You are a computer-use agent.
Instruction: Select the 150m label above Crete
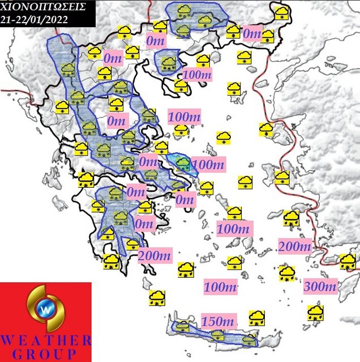click(x=218, y=321)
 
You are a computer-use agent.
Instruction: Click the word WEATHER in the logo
click(x=46, y=341)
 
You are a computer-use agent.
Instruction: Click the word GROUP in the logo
click(x=46, y=354)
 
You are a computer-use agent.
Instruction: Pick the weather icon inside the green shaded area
click(x=182, y=163)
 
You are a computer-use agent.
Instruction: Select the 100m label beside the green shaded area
click(x=208, y=164)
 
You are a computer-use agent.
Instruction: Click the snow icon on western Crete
click(x=182, y=327)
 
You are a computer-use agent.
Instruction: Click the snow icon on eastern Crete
click(x=248, y=340)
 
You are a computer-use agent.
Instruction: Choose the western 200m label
click(x=154, y=256)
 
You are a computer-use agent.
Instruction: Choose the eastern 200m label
click(x=295, y=247)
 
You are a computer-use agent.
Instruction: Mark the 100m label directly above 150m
click(x=221, y=286)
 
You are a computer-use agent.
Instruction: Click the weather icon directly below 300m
click(x=315, y=312)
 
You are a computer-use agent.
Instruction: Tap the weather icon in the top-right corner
click(x=281, y=13)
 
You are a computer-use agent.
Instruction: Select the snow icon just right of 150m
click(x=257, y=317)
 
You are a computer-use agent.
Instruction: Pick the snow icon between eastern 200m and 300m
click(x=287, y=274)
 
